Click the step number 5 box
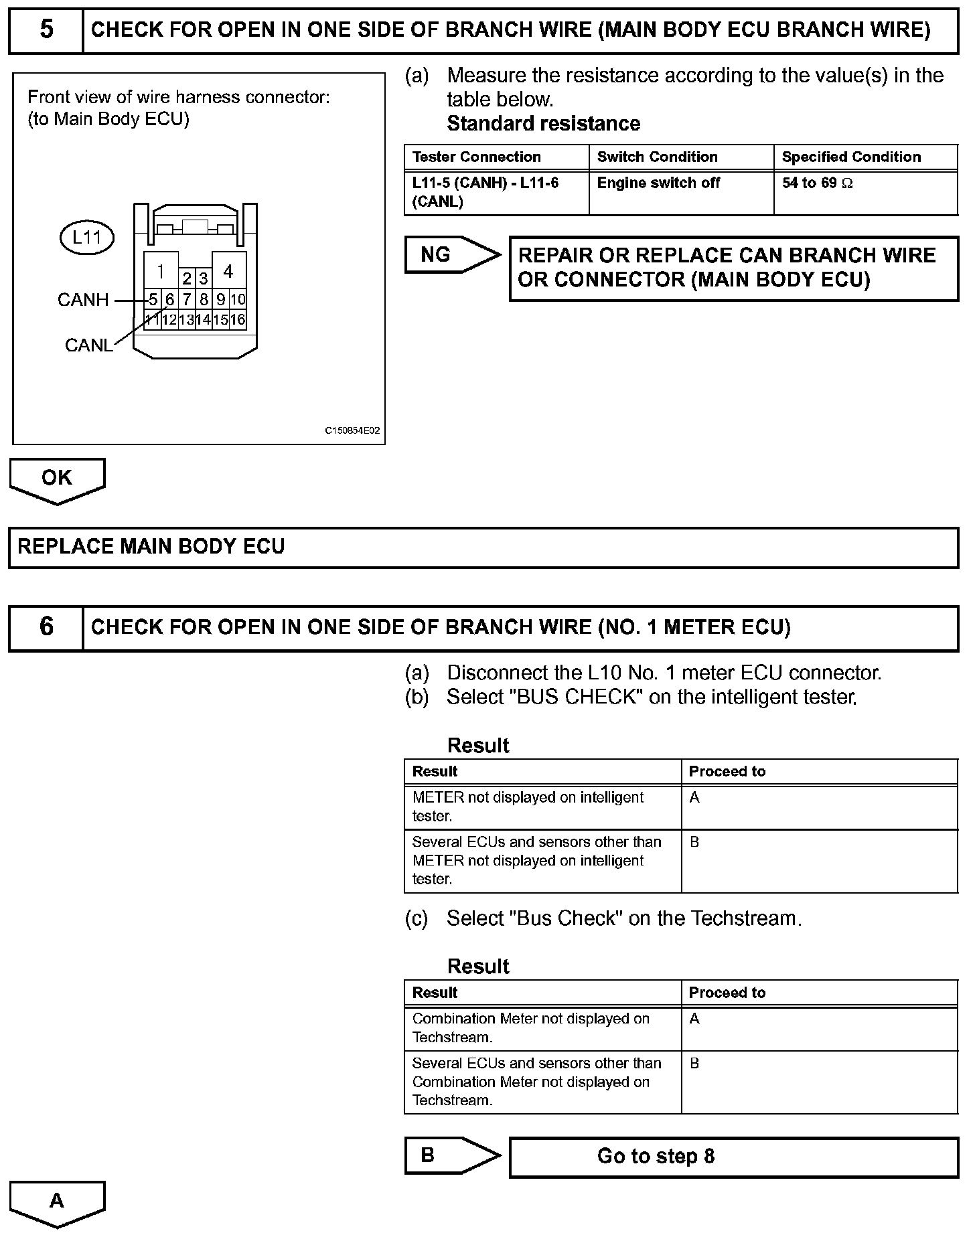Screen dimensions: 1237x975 pos(46,30)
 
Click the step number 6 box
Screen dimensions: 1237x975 pos(46,627)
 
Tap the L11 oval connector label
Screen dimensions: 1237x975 pos(87,238)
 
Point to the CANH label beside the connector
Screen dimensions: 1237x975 pos(83,300)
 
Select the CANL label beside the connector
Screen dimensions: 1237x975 pos(88,345)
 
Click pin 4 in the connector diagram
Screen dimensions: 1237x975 pos(228,271)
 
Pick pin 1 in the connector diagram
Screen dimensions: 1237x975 pos(161,271)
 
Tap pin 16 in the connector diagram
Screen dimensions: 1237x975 pos(238,320)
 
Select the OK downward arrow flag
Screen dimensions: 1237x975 pos(57,479)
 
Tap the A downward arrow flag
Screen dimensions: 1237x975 pos(57,1202)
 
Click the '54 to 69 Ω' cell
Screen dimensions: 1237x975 pos(818,183)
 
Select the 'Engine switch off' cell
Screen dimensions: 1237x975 pos(658,183)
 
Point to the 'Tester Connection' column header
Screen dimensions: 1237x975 pos(477,157)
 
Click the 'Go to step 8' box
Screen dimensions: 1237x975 pos(734,1157)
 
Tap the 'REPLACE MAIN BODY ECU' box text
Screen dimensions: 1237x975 pos(151,547)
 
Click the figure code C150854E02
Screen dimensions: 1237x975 pos(352,430)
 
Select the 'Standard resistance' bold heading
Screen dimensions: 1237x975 pos(543,124)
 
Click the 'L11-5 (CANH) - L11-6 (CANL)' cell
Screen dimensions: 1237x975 pos(485,192)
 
